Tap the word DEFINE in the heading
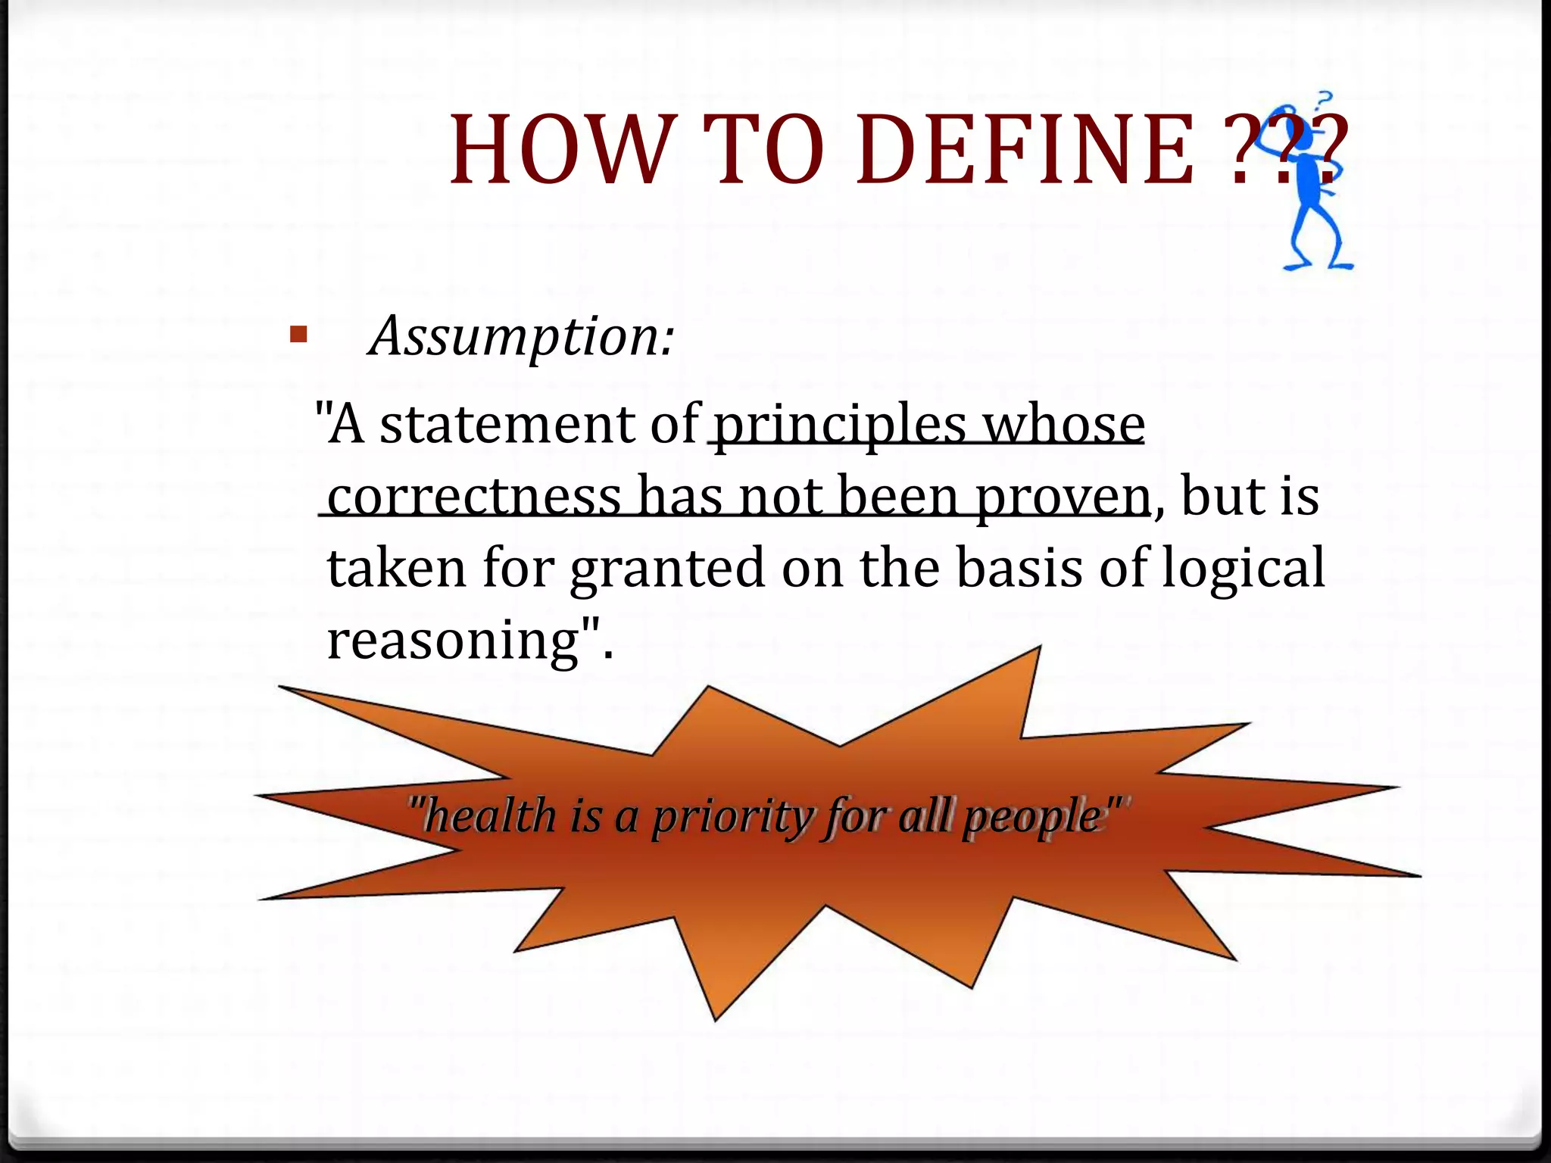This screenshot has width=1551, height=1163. point(1026,149)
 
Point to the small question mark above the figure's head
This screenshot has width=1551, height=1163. point(1324,99)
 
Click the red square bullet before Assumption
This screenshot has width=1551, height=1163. point(298,335)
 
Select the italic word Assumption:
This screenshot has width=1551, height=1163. point(521,336)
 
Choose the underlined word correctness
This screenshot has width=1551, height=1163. point(474,497)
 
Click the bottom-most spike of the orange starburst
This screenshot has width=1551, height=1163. point(715,1015)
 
